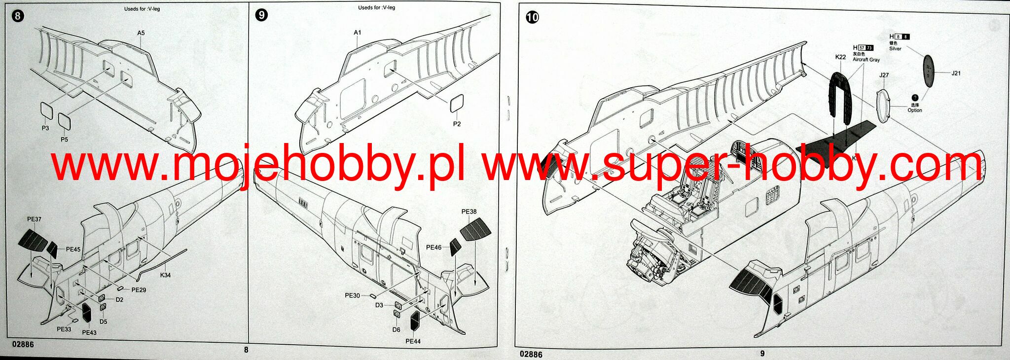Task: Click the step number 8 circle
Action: tap(17, 16)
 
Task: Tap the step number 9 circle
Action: tap(262, 15)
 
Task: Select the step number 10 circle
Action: tap(533, 17)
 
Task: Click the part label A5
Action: tap(141, 33)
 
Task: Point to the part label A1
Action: tap(358, 33)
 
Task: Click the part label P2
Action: tap(457, 124)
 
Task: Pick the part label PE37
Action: tap(34, 219)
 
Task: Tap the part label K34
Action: tap(165, 275)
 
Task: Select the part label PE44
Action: tap(413, 341)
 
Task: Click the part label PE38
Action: tap(469, 212)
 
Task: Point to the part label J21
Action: tap(956, 73)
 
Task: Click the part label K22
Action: tap(841, 57)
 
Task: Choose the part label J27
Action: tap(884, 75)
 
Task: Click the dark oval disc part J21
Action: tap(929, 71)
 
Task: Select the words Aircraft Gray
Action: tap(866, 60)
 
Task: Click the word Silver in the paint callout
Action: tap(895, 49)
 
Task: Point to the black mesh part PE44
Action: tap(415, 321)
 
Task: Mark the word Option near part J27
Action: tap(915, 110)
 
